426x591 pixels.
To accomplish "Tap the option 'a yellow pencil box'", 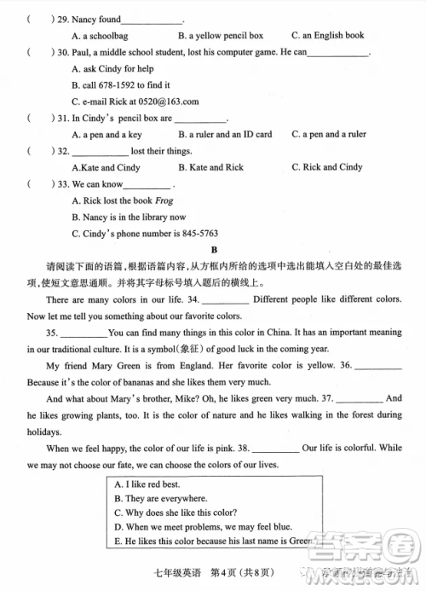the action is [x=221, y=36].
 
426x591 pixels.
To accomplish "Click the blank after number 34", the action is [x=227, y=300].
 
